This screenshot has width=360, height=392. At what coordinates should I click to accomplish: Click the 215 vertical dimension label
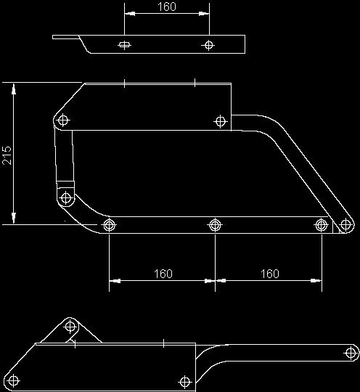[x=7, y=155]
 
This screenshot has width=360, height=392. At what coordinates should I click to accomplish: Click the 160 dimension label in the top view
[x=167, y=7]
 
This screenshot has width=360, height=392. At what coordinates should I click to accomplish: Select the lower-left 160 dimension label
[x=163, y=274]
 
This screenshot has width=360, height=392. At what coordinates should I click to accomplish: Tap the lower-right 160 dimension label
[x=270, y=274]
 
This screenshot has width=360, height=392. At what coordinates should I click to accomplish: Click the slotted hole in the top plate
[x=124, y=45]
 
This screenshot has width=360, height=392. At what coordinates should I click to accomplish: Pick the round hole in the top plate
[x=209, y=45]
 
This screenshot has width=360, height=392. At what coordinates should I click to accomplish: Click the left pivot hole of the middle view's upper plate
[x=63, y=121]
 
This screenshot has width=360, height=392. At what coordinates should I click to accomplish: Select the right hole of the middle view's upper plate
[x=220, y=121]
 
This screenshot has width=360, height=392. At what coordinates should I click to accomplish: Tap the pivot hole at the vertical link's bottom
[x=66, y=198]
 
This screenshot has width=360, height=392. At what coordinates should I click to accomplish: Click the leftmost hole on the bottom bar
[x=109, y=225]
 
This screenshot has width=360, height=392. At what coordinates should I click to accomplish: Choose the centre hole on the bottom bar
[x=215, y=225]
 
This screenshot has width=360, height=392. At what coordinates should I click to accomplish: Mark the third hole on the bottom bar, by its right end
[x=322, y=225]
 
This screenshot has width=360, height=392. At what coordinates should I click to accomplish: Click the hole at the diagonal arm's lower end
[x=345, y=224]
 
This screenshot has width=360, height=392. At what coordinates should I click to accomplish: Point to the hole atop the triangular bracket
[x=70, y=326]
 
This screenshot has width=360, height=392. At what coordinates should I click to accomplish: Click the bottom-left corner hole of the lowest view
[x=13, y=381]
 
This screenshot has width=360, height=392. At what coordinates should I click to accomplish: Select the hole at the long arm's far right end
[x=351, y=353]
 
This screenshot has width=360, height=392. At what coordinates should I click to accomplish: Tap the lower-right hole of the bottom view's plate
[x=185, y=382]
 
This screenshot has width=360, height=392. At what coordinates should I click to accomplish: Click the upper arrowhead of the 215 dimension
[x=14, y=89]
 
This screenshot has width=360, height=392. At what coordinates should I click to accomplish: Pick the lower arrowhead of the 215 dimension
[x=14, y=218]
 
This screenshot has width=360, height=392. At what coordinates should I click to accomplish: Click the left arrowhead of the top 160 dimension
[x=130, y=14]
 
